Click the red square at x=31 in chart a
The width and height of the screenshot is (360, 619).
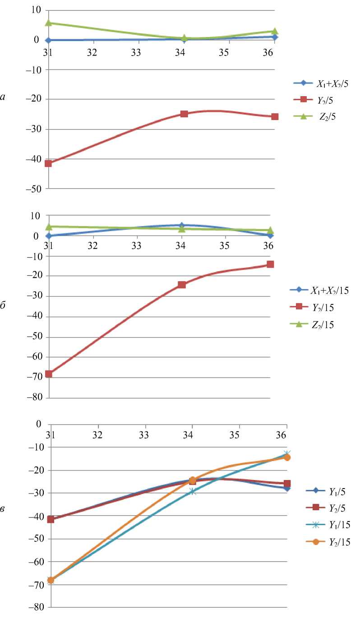tap(48, 163)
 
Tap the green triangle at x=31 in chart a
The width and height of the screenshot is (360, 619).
tap(48, 23)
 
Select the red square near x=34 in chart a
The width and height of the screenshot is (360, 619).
tap(184, 114)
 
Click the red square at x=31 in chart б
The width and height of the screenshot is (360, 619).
tap(49, 374)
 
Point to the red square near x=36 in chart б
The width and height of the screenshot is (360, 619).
tap(270, 264)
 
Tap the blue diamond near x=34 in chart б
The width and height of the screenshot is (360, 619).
tap(181, 225)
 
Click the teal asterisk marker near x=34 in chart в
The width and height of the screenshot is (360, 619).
tap(193, 491)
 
